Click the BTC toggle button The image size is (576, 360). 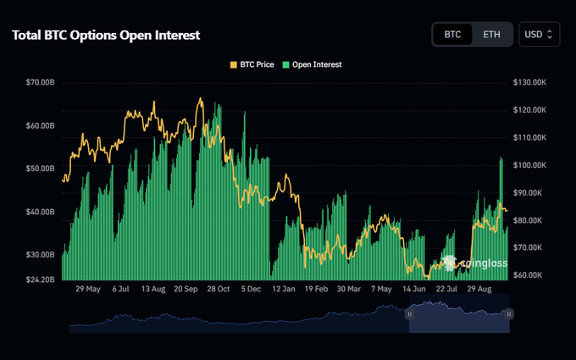pyautogui.click(x=452, y=35)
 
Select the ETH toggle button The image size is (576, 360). pyautogui.click(x=491, y=35)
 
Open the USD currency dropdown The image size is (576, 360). pyautogui.click(x=539, y=35)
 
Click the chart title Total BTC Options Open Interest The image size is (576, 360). pyautogui.click(x=106, y=35)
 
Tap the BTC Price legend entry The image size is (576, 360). pyautogui.click(x=252, y=64)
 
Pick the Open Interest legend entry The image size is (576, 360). pyautogui.click(x=312, y=64)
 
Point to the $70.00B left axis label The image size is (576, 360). pyautogui.click(x=40, y=82)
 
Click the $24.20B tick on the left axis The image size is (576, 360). pyautogui.click(x=40, y=280)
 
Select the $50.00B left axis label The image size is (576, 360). pyautogui.click(x=40, y=169)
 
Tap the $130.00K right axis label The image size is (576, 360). pyautogui.click(x=529, y=82)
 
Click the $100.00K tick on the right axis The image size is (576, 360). pyautogui.click(x=529, y=165)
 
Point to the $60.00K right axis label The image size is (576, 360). pyautogui.click(x=528, y=275)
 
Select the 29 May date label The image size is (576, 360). pyautogui.click(x=88, y=289)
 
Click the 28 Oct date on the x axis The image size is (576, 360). pyautogui.click(x=219, y=289)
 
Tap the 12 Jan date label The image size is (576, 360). pyautogui.click(x=284, y=289)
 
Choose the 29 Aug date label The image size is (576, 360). pyautogui.click(x=479, y=289)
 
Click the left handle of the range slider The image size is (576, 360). pyautogui.click(x=410, y=314)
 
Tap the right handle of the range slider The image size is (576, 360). pyautogui.click(x=509, y=314)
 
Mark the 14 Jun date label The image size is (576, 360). pyautogui.click(x=414, y=289)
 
